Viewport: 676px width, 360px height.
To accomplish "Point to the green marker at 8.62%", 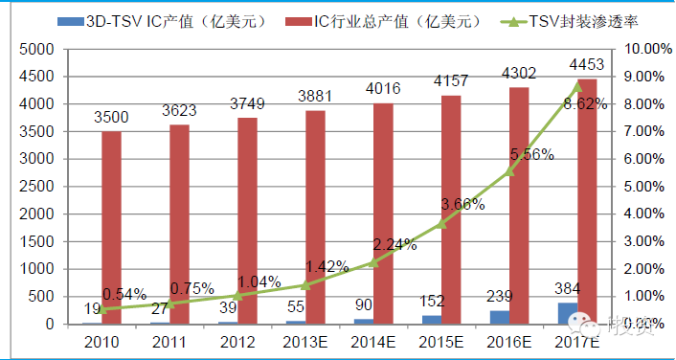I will [576, 85].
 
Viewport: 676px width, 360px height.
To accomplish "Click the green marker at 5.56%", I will [509, 170].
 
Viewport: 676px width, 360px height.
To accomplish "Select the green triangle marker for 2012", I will [237, 295].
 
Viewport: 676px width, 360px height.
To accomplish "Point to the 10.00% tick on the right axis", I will [647, 49].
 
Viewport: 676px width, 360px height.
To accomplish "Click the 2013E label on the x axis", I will [304, 342].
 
